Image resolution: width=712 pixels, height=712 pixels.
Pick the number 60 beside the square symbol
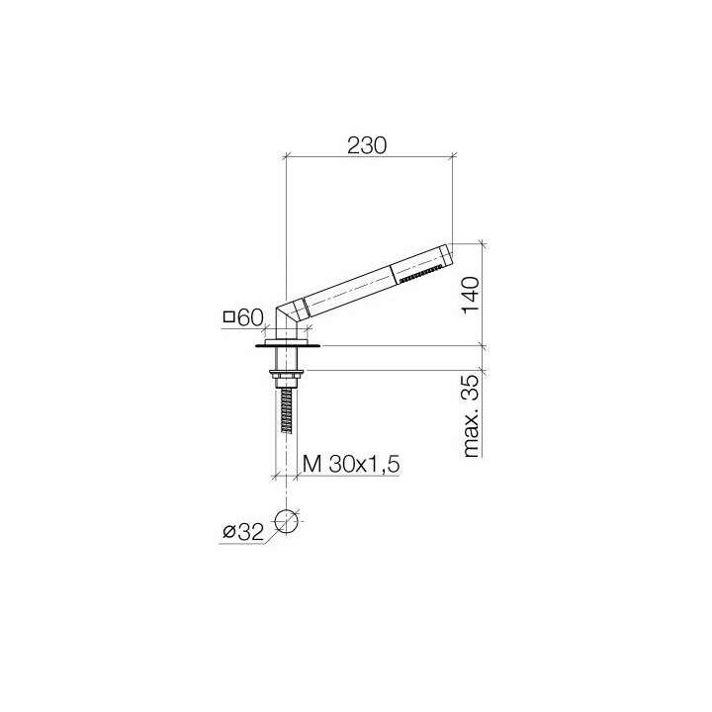(x=249, y=317)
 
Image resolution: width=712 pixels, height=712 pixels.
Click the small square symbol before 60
(x=229, y=317)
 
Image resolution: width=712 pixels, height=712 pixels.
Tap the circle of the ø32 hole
(x=286, y=521)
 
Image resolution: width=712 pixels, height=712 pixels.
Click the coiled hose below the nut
(x=285, y=409)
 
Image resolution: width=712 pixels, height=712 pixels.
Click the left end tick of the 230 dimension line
(x=285, y=156)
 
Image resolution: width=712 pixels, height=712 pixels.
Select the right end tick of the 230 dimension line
(x=453, y=156)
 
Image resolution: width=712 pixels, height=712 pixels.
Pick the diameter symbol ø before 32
(x=228, y=533)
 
